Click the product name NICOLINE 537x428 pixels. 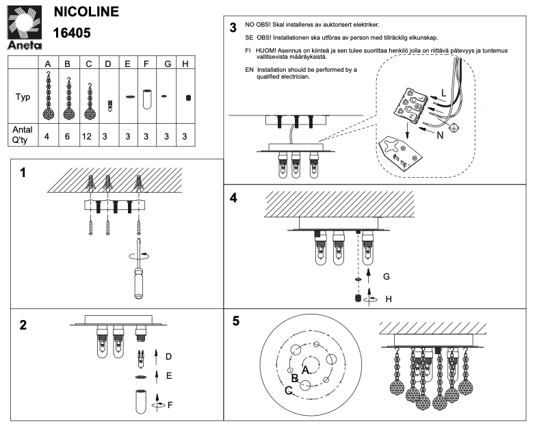pos(86,12)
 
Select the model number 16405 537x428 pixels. pos(72,32)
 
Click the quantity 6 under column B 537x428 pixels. pos(68,137)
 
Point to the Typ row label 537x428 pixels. pos(23,97)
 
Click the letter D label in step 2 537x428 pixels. pos(168,356)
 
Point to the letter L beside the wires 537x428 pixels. pos(443,92)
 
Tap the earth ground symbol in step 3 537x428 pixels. pos(452,128)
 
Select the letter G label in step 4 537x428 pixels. pos(387,277)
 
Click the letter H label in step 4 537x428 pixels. pos(388,299)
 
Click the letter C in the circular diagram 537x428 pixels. pos(289,390)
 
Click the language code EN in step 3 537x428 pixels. pos(249,70)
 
